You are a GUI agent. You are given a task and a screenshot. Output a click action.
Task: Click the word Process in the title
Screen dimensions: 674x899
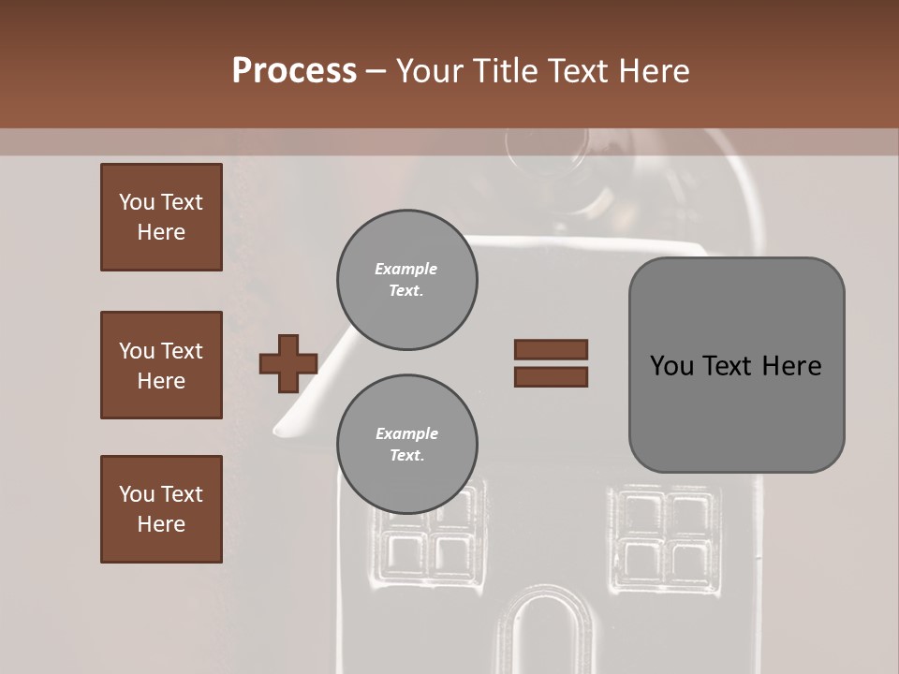coord(294,71)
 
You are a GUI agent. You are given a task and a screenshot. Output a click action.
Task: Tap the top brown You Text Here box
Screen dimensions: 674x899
coord(161,217)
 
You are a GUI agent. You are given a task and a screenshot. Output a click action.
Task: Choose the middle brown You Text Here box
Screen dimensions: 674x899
coord(161,365)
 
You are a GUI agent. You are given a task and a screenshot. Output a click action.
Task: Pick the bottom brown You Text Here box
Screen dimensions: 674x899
coord(161,509)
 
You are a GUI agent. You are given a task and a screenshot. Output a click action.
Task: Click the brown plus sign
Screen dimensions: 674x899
coord(287,363)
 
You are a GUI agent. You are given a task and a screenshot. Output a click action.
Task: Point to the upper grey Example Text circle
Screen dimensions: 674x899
coord(406,280)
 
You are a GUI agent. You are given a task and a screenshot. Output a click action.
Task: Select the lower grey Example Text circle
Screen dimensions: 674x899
coord(406,445)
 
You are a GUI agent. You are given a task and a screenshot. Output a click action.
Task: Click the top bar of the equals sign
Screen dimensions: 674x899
coord(551,349)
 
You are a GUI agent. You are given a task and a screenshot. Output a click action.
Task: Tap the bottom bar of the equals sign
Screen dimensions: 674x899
coord(551,376)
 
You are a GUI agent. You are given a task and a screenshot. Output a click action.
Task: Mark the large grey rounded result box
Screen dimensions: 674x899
coord(736,365)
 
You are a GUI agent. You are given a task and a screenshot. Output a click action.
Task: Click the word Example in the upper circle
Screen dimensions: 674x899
coord(405,269)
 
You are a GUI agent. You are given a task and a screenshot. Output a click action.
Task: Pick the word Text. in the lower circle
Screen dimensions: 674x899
coord(406,456)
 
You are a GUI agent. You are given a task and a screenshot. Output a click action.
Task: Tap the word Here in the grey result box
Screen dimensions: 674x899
coord(791,366)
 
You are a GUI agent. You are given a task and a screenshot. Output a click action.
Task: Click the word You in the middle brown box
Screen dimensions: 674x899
coord(138,351)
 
